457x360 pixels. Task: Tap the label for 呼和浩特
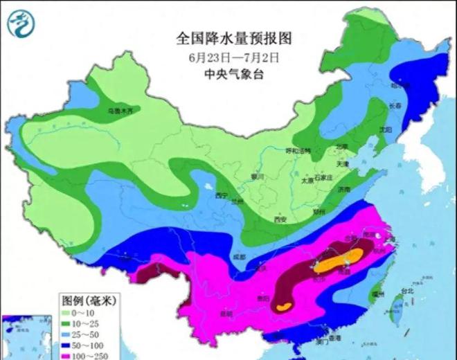pos(298,150)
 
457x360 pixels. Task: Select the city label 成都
pos(239,257)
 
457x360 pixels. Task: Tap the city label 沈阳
pos(385,129)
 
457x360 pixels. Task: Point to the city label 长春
pos(394,106)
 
